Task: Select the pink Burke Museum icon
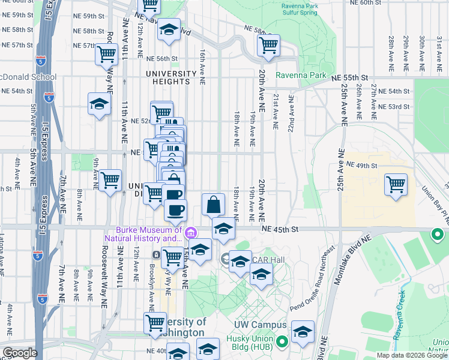point(191,233)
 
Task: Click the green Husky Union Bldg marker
point(281,342)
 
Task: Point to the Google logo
point(19,353)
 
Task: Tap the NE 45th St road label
point(279,229)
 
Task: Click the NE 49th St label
point(360,165)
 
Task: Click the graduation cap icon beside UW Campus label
point(303,332)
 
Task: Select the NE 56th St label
point(162,59)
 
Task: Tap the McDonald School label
point(28,77)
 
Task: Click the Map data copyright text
point(411,355)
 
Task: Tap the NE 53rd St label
point(394,107)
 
